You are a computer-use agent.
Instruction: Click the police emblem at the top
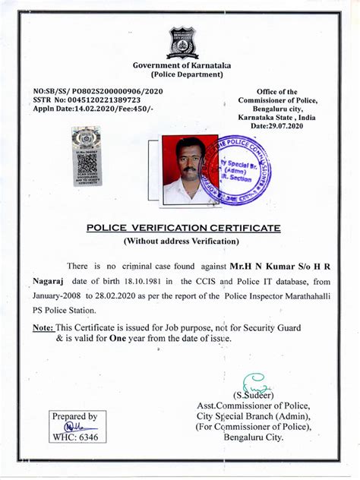[182, 43]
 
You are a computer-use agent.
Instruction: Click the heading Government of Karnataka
[182, 65]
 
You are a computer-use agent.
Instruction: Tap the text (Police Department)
[182, 75]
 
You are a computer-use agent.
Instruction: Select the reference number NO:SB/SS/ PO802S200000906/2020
[98, 90]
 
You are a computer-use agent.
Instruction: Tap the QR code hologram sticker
[86, 155]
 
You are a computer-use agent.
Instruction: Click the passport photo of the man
[189, 170]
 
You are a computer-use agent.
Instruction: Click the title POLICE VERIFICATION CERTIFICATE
[183, 228]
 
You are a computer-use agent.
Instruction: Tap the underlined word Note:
[43, 327]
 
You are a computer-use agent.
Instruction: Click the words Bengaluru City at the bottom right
[251, 437]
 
